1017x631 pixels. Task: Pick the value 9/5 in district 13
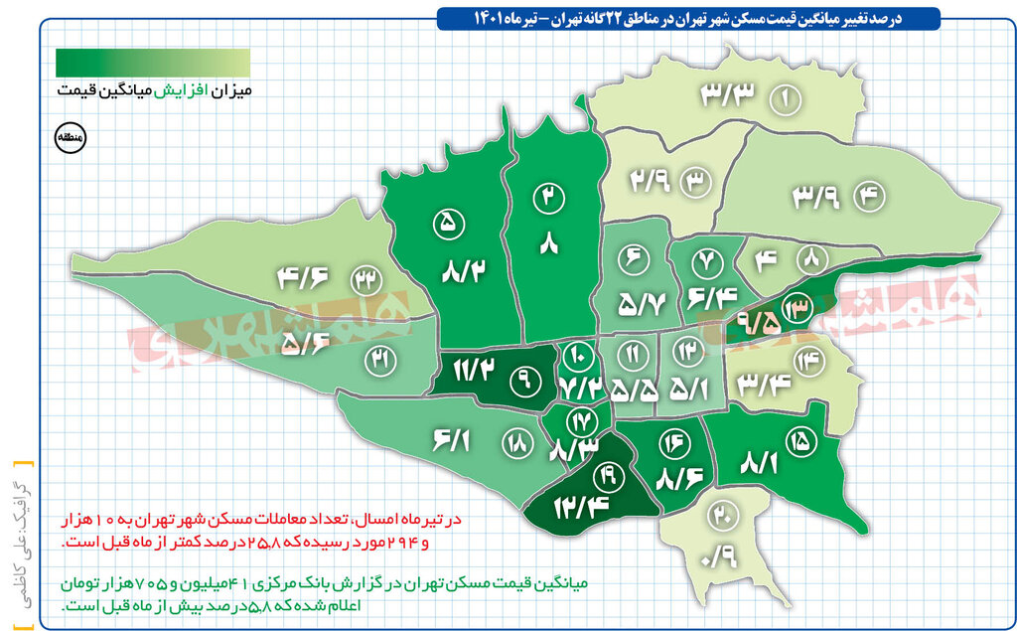757,323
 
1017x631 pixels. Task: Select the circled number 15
799,437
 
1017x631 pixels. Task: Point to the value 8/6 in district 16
681,478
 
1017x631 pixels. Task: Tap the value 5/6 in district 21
305,343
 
